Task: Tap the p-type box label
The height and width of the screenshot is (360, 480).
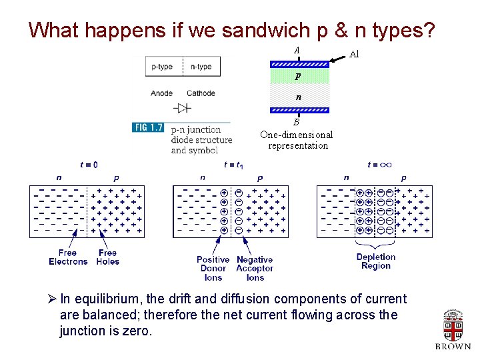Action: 162,67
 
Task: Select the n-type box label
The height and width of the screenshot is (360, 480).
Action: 201,67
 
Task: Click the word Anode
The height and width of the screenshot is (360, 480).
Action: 161,93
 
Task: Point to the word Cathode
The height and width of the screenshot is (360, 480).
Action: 201,93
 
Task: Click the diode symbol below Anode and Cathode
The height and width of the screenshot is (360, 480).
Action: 182,108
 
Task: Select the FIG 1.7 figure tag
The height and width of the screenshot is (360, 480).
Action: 148,127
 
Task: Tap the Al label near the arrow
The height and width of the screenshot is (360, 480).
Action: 354,55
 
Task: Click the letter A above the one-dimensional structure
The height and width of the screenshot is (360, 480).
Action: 297,51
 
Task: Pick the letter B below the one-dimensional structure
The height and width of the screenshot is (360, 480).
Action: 297,122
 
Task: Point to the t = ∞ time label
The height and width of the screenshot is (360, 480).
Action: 379,165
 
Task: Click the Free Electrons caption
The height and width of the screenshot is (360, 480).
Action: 67,257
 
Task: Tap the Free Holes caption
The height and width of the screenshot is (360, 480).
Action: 107,257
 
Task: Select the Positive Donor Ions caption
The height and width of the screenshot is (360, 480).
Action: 213,269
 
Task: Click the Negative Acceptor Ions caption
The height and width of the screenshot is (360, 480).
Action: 255,269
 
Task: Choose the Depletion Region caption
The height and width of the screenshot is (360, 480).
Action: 376,261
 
